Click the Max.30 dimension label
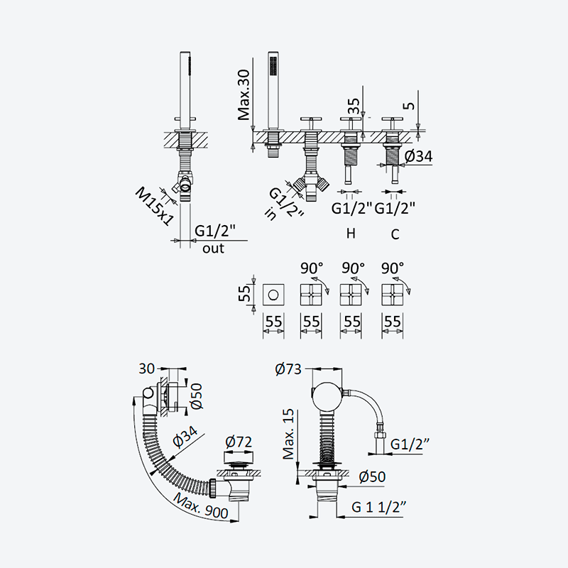[244, 95]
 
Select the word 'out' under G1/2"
[214, 248]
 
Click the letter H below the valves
[351, 234]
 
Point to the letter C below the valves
[395, 234]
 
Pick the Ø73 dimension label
[288, 369]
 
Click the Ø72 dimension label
[239, 442]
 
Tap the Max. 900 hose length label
[201, 506]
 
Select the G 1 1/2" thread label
[378, 507]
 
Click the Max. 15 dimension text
[289, 435]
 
